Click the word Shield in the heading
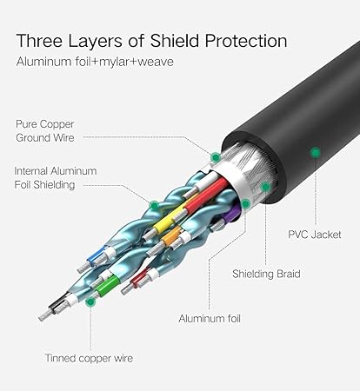pos(175,41)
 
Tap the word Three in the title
pos(39,41)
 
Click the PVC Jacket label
pos(315,235)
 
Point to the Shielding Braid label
pos(266,274)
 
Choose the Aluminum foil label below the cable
pos(210,319)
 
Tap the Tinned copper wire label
pos(89,358)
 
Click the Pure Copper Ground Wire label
pos(45,131)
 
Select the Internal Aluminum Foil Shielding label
pos(56,178)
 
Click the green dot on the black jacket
pos(315,152)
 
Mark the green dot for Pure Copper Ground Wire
pos(215,157)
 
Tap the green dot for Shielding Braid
pos(265,187)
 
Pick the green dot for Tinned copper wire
pos(90,302)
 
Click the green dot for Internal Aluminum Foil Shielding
pos(155,206)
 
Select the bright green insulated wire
pos(108,285)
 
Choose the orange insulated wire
pos(171,236)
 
